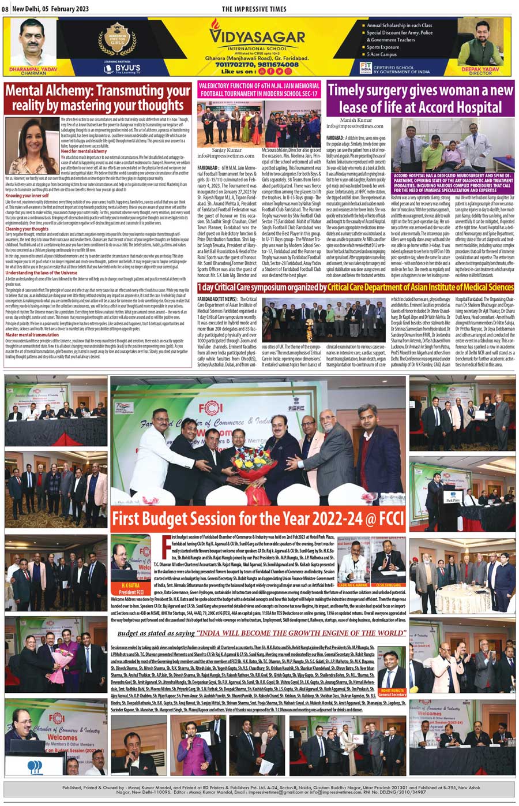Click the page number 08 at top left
pos(5,9)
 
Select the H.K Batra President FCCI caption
pos(129,589)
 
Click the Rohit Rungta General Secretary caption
pos(393,692)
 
